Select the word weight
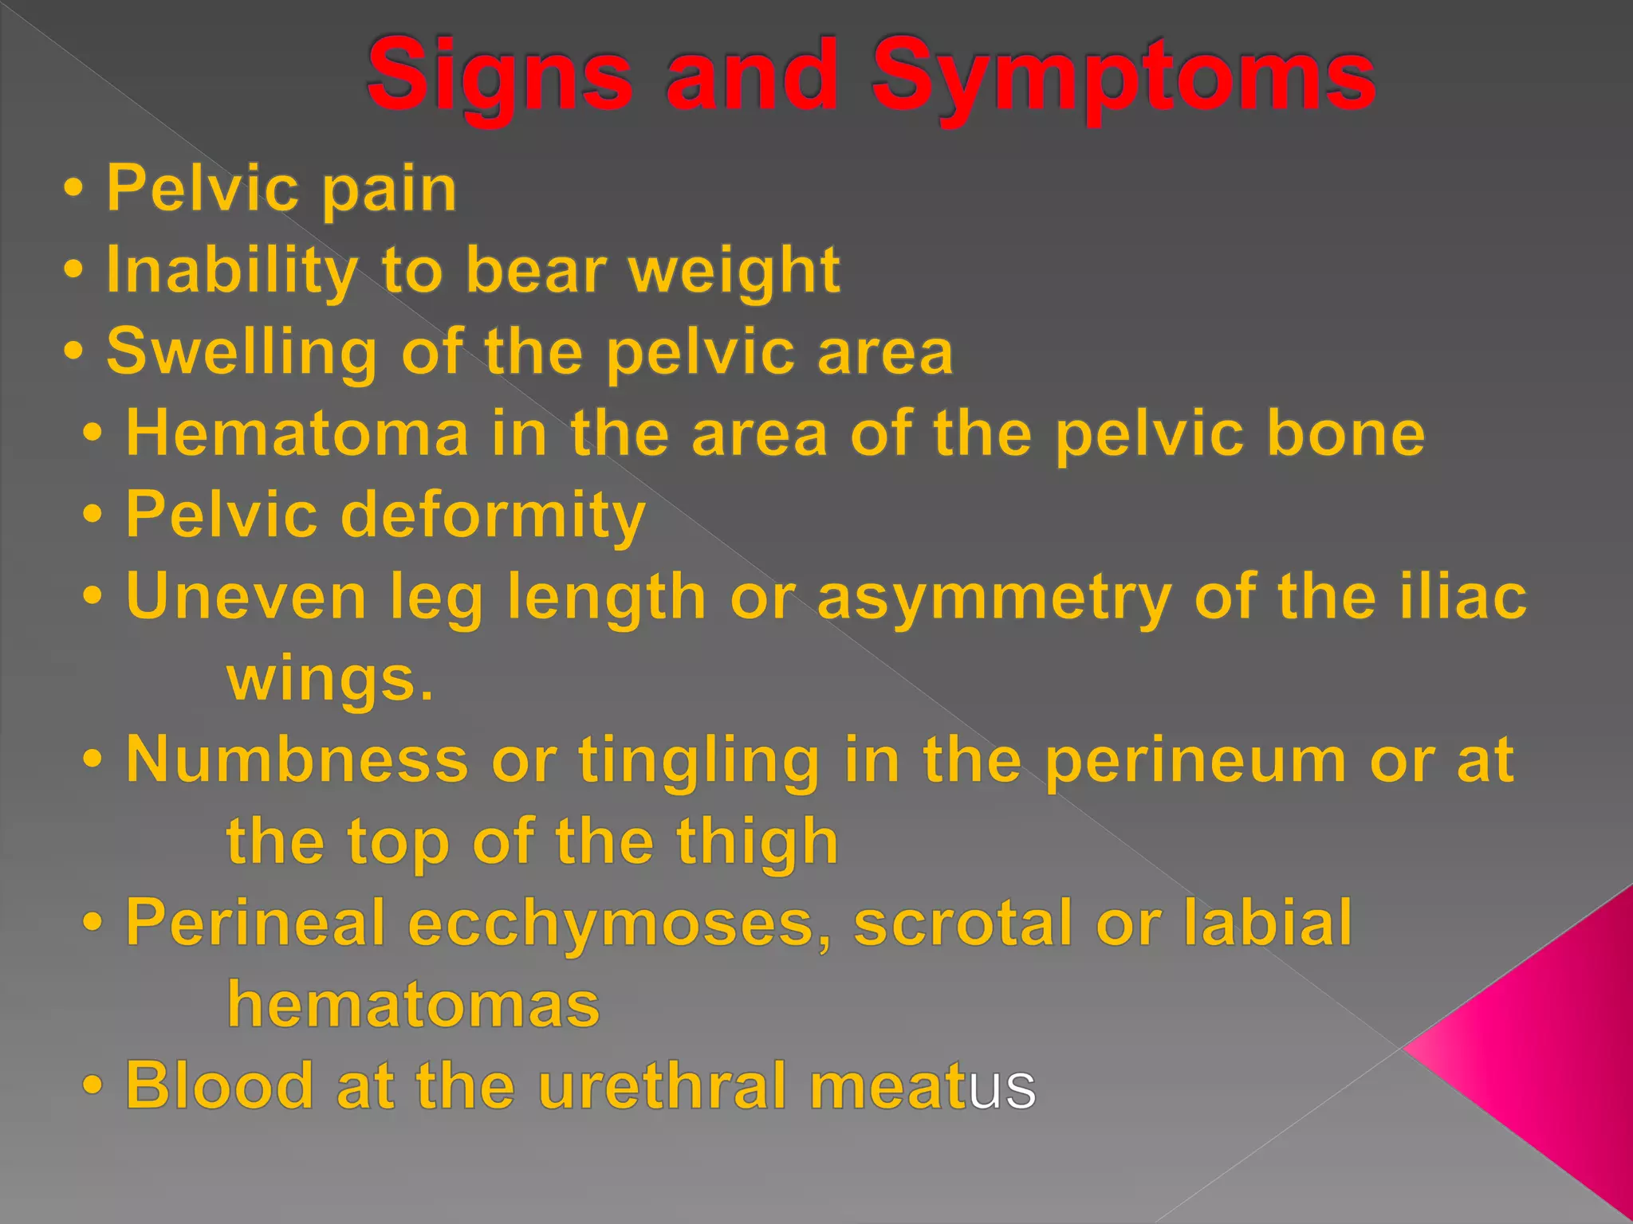point(734,271)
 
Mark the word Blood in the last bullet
point(219,1085)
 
